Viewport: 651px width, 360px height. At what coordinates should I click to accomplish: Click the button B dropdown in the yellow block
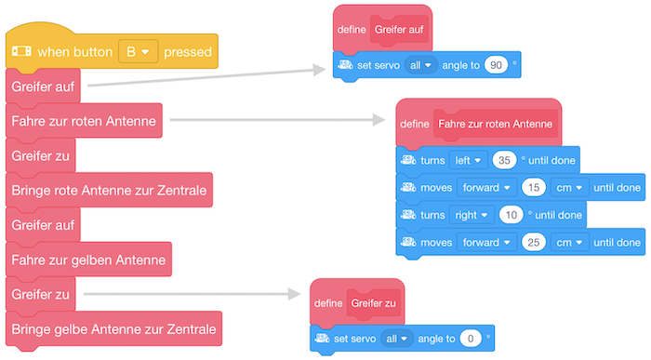click(138, 51)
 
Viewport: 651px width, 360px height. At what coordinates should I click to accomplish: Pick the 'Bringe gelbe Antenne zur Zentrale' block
click(113, 328)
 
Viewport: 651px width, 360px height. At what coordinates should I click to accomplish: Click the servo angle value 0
click(472, 339)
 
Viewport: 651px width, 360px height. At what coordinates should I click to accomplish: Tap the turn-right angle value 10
click(511, 215)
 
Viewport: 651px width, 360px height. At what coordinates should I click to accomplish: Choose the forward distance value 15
click(534, 188)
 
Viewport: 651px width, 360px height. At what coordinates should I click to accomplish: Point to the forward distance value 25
click(534, 242)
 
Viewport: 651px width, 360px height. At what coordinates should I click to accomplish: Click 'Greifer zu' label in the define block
click(374, 302)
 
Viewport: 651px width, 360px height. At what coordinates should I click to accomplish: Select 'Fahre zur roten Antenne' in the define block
click(495, 123)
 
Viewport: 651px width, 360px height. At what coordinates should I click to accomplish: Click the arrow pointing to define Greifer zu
click(195, 294)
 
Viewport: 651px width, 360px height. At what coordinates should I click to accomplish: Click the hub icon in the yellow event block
click(22, 51)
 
